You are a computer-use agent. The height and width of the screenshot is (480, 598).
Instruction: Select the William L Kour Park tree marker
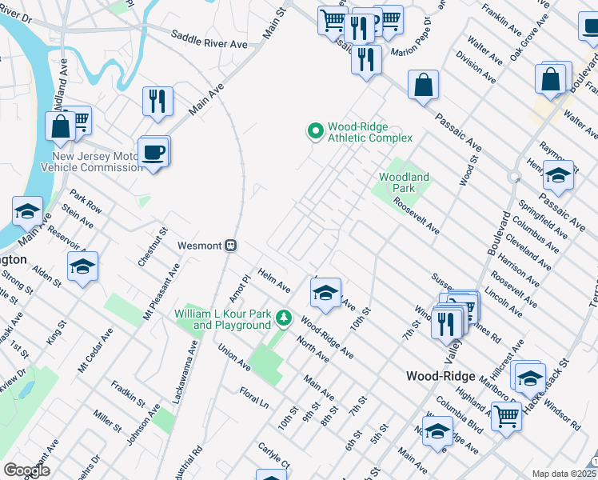283,318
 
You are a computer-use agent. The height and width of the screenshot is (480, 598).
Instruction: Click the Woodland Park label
404,182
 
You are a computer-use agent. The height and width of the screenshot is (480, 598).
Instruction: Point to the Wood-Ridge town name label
441,376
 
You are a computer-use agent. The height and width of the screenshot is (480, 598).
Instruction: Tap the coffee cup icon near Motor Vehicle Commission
153,151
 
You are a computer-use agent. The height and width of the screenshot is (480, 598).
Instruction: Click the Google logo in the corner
26,470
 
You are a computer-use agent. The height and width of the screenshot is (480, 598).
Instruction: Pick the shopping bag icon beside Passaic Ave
422,85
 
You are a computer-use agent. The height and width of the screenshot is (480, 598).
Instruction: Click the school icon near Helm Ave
325,294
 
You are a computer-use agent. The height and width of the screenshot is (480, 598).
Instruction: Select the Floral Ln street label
253,397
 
